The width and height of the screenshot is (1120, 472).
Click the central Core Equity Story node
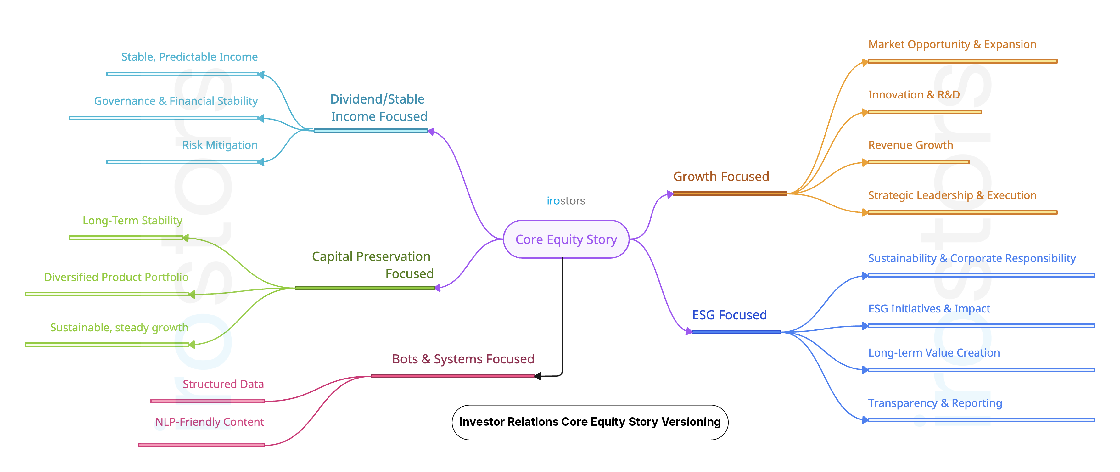(566, 239)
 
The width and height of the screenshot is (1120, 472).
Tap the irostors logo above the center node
(566, 200)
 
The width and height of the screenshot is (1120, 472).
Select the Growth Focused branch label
(721, 177)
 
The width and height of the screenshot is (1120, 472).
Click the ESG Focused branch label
(729, 315)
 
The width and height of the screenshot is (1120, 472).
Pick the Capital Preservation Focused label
(372, 265)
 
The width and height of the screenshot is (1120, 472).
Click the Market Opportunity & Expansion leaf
(952, 44)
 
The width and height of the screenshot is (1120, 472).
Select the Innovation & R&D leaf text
(914, 95)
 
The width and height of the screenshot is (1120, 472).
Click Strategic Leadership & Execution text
(952, 195)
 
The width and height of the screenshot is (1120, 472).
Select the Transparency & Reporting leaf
(935, 403)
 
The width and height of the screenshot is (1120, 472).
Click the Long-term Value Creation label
(933, 353)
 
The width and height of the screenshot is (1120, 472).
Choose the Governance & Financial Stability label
(176, 101)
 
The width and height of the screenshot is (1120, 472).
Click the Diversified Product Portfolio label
(116, 277)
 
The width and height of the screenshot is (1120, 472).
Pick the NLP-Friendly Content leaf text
(209, 422)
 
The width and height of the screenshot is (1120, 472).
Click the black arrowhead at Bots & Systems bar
(538, 376)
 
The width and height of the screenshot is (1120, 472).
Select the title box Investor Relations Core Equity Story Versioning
(590, 422)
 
